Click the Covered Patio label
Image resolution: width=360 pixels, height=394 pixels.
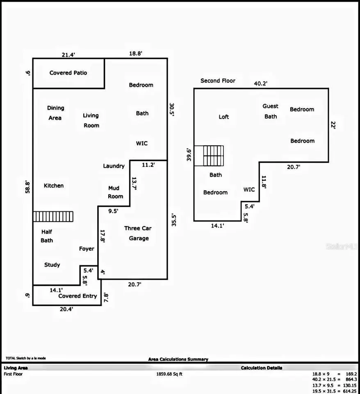point(68,73)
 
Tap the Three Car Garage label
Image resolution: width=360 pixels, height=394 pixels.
point(138,233)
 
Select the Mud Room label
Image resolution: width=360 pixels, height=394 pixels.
point(115,192)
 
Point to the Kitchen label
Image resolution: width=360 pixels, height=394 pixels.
point(54,186)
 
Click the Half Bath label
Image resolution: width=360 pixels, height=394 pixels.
point(47,236)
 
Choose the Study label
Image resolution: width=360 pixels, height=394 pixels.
point(52,265)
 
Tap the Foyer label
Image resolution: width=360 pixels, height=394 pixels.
point(87,249)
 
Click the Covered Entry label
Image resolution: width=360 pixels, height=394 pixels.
point(77,296)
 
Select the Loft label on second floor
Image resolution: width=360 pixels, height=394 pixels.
point(224,117)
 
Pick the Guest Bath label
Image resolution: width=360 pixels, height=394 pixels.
point(271,111)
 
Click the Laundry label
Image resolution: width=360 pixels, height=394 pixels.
point(114,166)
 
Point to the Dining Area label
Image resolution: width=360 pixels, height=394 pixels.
point(55,113)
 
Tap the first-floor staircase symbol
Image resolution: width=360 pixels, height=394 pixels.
point(53,216)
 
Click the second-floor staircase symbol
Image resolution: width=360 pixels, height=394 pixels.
point(209,156)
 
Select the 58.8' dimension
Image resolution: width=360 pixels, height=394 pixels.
point(27,187)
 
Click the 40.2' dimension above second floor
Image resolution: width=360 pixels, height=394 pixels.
point(260,83)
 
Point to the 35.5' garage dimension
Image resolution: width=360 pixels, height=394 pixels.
point(174,220)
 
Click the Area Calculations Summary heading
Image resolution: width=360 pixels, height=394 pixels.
point(178,360)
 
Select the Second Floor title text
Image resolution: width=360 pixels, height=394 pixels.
point(218,81)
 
